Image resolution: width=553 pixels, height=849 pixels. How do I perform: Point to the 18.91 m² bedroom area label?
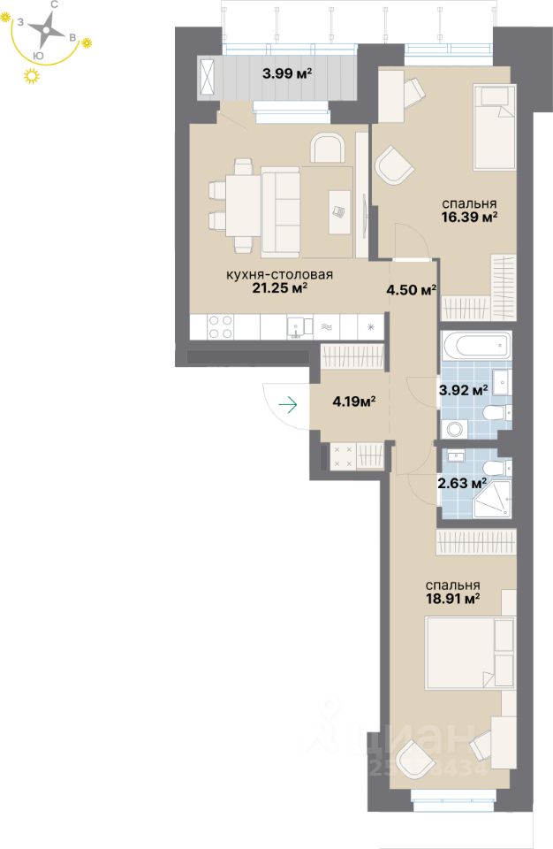pyautogui.click(x=452, y=599)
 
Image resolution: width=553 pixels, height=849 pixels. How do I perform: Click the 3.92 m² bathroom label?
pyautogui.click(x=464, y=389)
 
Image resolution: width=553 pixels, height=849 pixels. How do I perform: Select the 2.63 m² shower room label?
pyautogui.click(x=462, y=483)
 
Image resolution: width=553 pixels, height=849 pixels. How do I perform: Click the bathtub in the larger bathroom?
pyautogui.click(x=475, y=346)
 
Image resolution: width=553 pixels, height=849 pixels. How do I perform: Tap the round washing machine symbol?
pyautogui.click(x=455, y=430)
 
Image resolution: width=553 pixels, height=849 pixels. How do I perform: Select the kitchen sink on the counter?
pyautogui.click(x=299, y=327)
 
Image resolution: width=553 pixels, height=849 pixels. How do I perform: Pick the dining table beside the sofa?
pyautogui.click(x=242, y=204)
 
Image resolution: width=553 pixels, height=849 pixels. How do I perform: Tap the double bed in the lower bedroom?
pyautogui.click(x=469, y=653)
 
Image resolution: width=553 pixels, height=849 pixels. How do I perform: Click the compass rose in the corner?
pyautogui.click(x=42, y=33)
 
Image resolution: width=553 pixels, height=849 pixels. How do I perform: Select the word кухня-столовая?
pyautogui.click(x=278, y=275)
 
